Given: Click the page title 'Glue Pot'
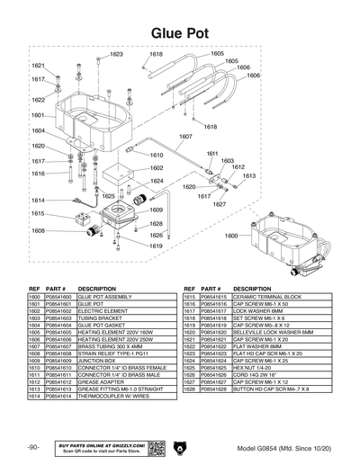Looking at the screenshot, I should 180,32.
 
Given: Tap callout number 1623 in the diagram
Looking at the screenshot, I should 116,54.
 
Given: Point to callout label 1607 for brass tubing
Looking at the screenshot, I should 185,137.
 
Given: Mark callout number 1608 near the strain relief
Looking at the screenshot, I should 38,230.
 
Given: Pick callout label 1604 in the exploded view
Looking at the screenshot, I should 38,130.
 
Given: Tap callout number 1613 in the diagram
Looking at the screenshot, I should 248,176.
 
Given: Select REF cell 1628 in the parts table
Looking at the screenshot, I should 189,389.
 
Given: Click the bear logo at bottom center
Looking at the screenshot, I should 179,448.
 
